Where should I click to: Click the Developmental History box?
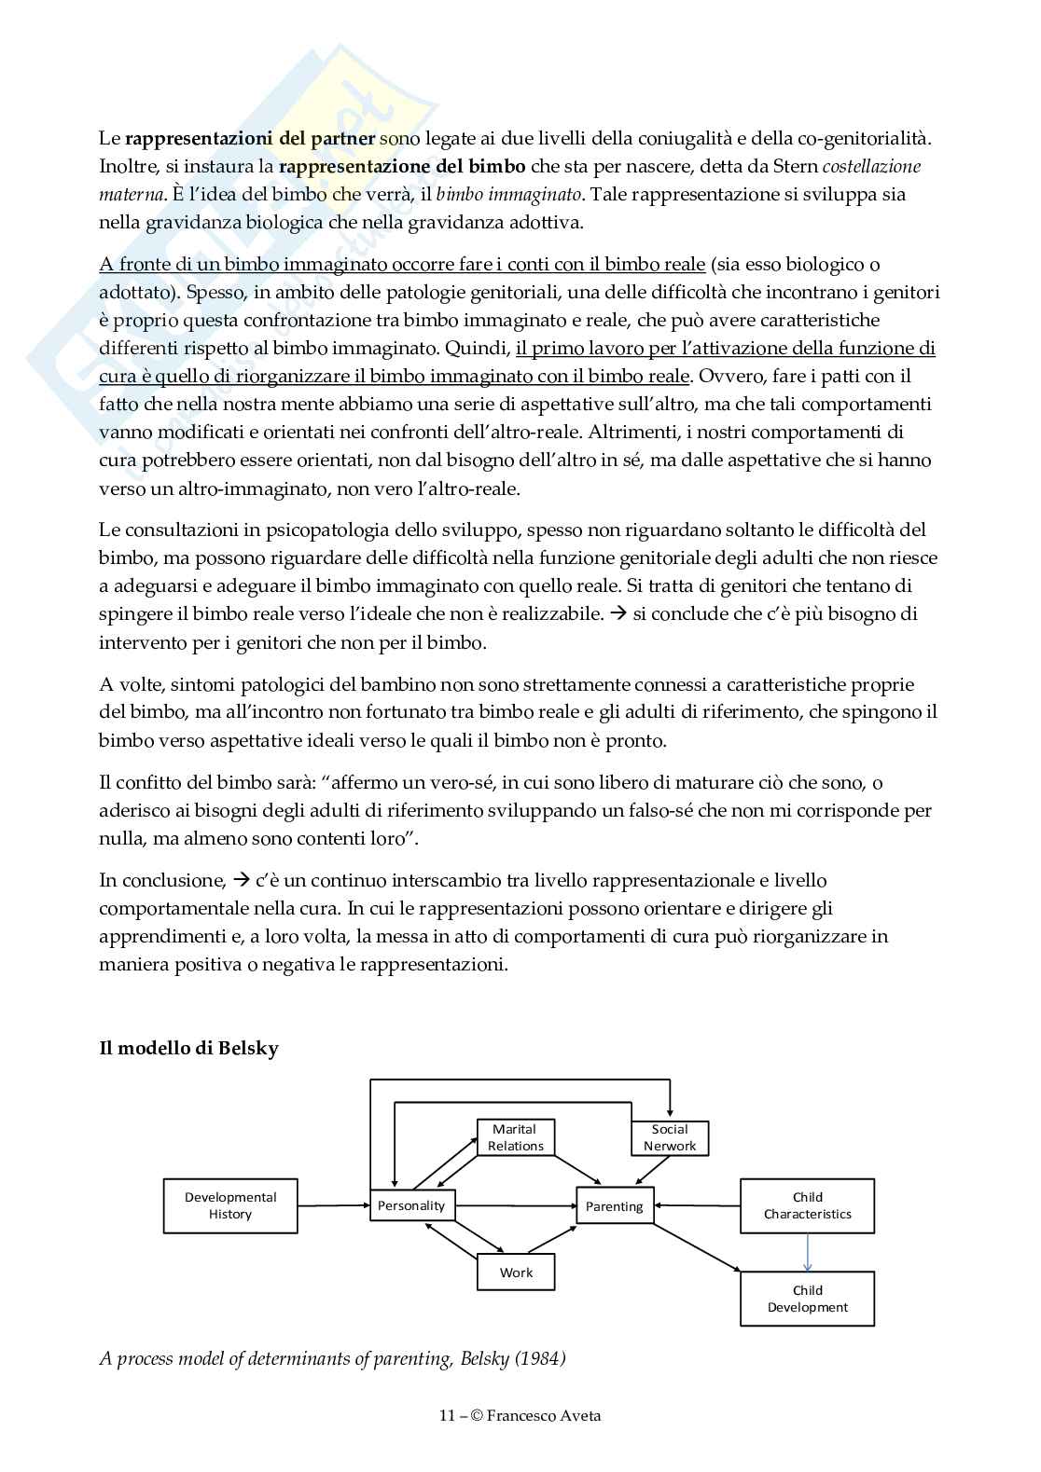tap(230, 1205)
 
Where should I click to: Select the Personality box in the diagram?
tap(411, 1205)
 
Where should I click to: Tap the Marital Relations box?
tap(516, 1137)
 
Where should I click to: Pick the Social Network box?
tap(670, 1137)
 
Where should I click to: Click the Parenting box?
tap(614, 1206)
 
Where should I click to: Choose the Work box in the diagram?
tap(516, 1273)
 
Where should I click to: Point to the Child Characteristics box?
tap(807, 1205)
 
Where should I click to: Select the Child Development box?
tap(807, 1299)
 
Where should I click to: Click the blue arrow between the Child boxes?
tap(808, 1252)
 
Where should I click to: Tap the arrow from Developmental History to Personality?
tap(333, 1205)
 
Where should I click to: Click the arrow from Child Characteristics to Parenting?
tap(697, 1205)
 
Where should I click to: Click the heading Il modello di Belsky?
tap(188, 1048)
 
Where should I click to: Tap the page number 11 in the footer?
tap(447, 1415)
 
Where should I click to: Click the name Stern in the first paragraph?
tap(794, 167)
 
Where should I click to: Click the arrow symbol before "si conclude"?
tap(618, 613)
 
